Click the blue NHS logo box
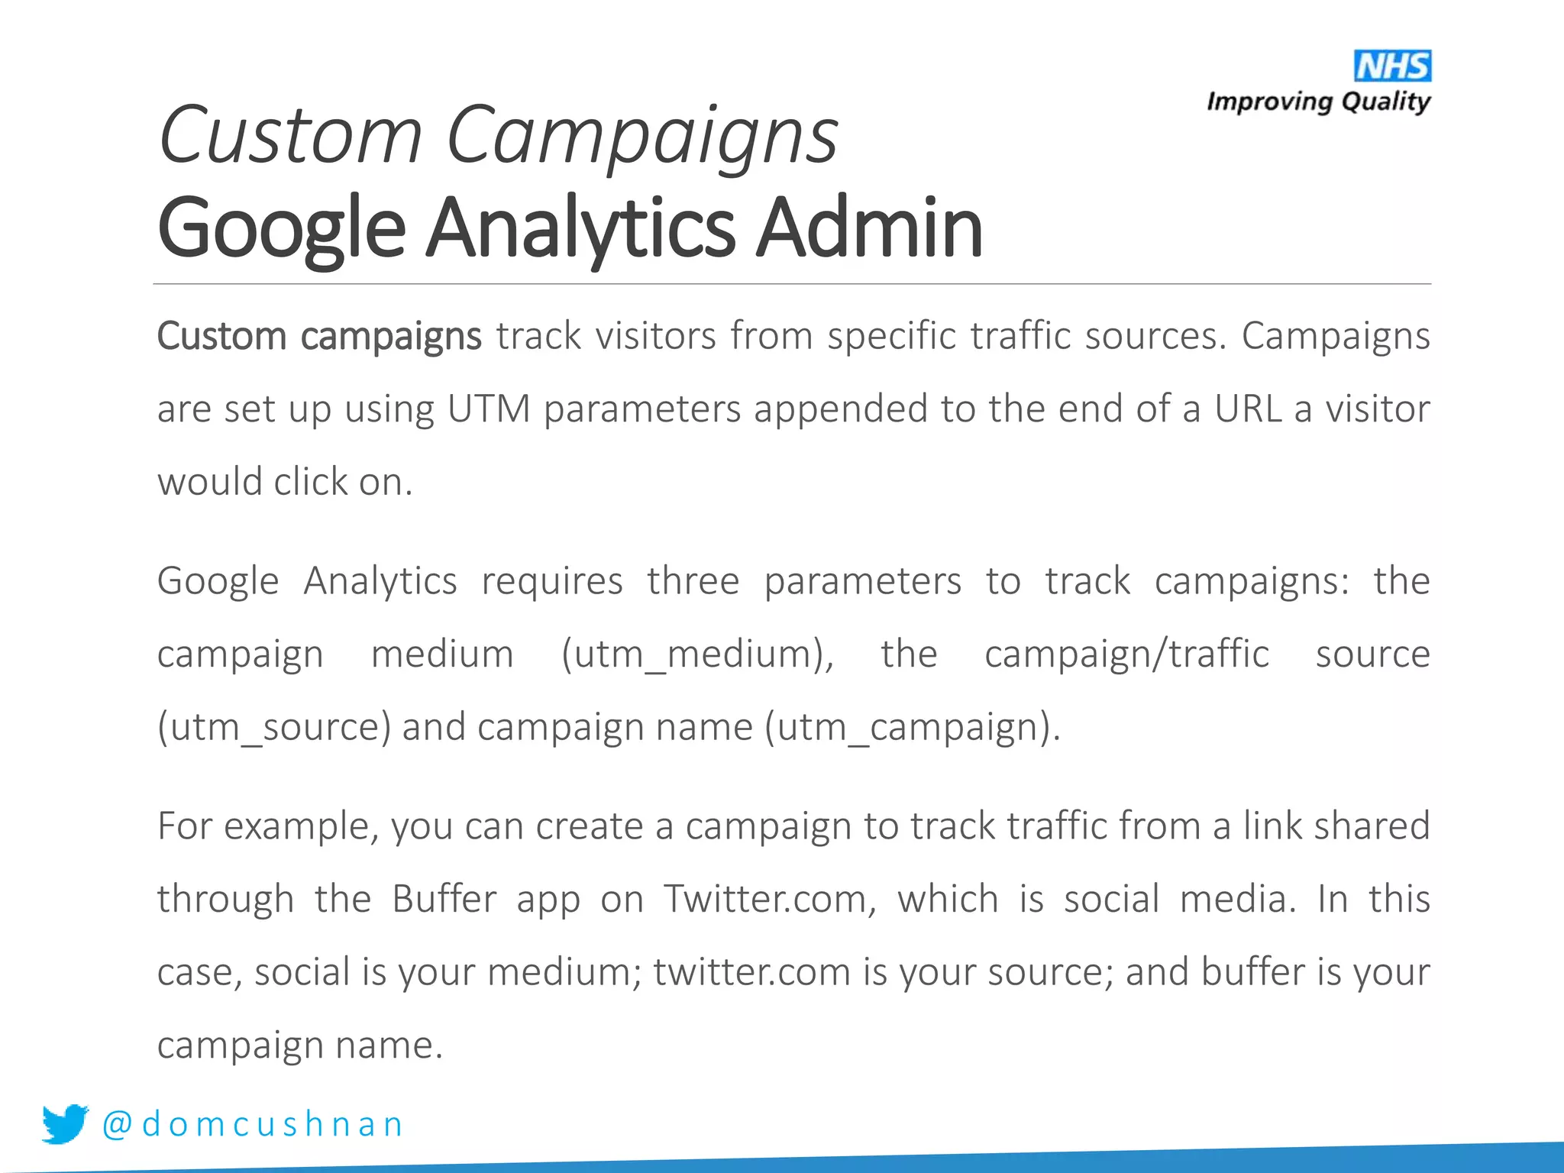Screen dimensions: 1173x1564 [x=1392, y=66]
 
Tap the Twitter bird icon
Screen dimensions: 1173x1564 [x=65, y=1123]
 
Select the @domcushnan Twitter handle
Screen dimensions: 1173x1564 [x=253, y=1124]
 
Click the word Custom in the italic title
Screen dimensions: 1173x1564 [x=290, y=136]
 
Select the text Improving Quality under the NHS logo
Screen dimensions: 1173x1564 [x=1318, y=102]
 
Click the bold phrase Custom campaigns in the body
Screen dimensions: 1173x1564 [x=319, y=337]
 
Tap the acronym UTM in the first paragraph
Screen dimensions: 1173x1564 [x=489, y=409]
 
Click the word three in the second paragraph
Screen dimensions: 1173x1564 [x=693, y=581]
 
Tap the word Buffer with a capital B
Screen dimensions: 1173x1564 [x=444, y=899]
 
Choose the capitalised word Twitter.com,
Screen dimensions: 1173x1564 [x=770, y=899]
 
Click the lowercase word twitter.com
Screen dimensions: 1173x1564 [x=751, y=972]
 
